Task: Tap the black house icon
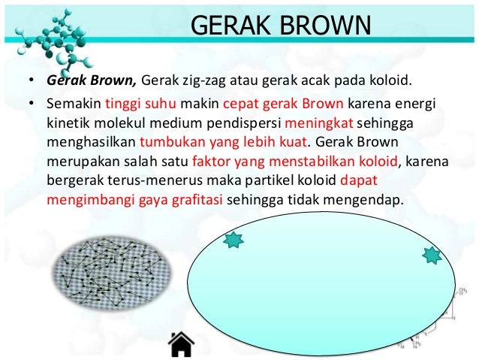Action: tap(181, 343)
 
